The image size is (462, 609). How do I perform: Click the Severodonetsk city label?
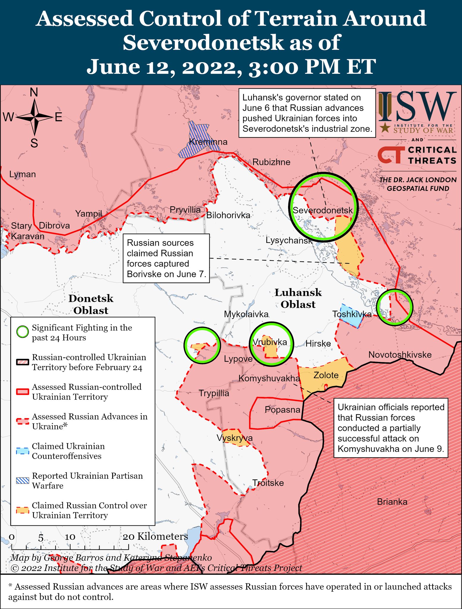323,210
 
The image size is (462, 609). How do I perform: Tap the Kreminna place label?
208,142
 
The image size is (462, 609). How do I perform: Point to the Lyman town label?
22,174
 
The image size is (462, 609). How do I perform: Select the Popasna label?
282,410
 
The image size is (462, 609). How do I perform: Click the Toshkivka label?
352,314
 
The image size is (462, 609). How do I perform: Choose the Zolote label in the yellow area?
326,375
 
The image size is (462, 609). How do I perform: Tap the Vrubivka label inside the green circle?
270,342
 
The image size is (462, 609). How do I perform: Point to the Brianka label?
392,502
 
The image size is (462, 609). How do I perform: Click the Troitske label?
268,483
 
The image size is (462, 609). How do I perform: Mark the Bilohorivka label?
228,215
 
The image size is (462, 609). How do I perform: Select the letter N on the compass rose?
34,93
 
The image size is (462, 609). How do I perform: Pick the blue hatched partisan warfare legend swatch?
23,481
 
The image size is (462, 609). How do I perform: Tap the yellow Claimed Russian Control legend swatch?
23,510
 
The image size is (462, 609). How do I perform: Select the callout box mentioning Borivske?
166,258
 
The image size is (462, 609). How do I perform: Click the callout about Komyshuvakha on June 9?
391,428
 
